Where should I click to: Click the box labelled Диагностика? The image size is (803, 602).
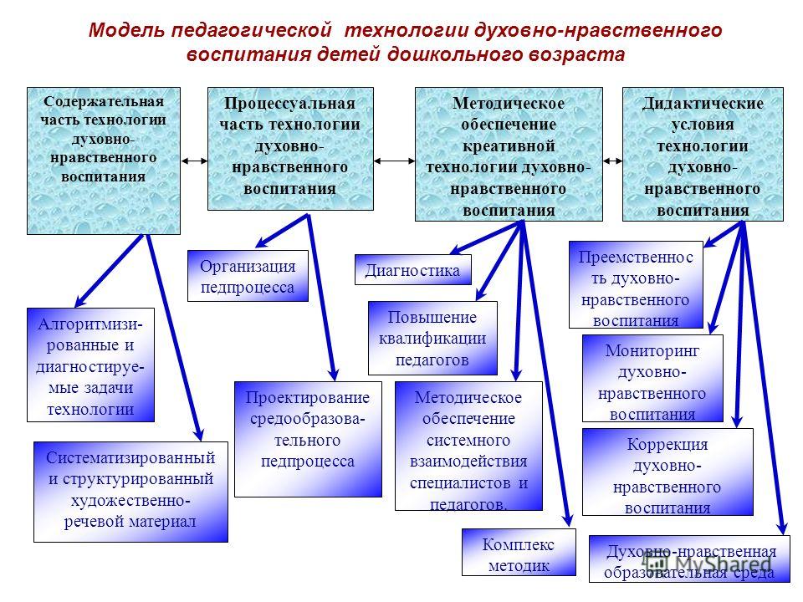pos(412,270)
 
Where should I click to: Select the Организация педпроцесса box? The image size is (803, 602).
pos(248,276)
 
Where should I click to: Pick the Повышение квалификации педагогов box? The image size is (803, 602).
pos(432,339)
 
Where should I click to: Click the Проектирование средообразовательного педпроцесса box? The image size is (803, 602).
pos(308,439)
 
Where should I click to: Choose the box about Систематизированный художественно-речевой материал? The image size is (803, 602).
pos(130,492)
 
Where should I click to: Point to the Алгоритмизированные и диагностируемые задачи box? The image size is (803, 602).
pos(90,365)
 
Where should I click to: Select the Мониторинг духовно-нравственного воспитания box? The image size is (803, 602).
pos(653,379)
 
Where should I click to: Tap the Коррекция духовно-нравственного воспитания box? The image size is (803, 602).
pos(667,472)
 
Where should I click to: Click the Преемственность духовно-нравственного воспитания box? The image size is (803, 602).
pos(636,284)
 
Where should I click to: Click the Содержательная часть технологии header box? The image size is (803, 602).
pos(104,161)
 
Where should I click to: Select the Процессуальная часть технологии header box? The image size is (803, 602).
pos(290,149)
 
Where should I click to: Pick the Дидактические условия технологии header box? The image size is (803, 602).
pos(703,154)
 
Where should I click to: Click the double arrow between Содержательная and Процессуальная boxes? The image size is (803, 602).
pos(195,161)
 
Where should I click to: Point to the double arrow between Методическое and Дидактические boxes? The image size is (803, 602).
pos(612,161)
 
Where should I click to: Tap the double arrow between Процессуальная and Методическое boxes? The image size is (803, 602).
pos(394,161)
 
